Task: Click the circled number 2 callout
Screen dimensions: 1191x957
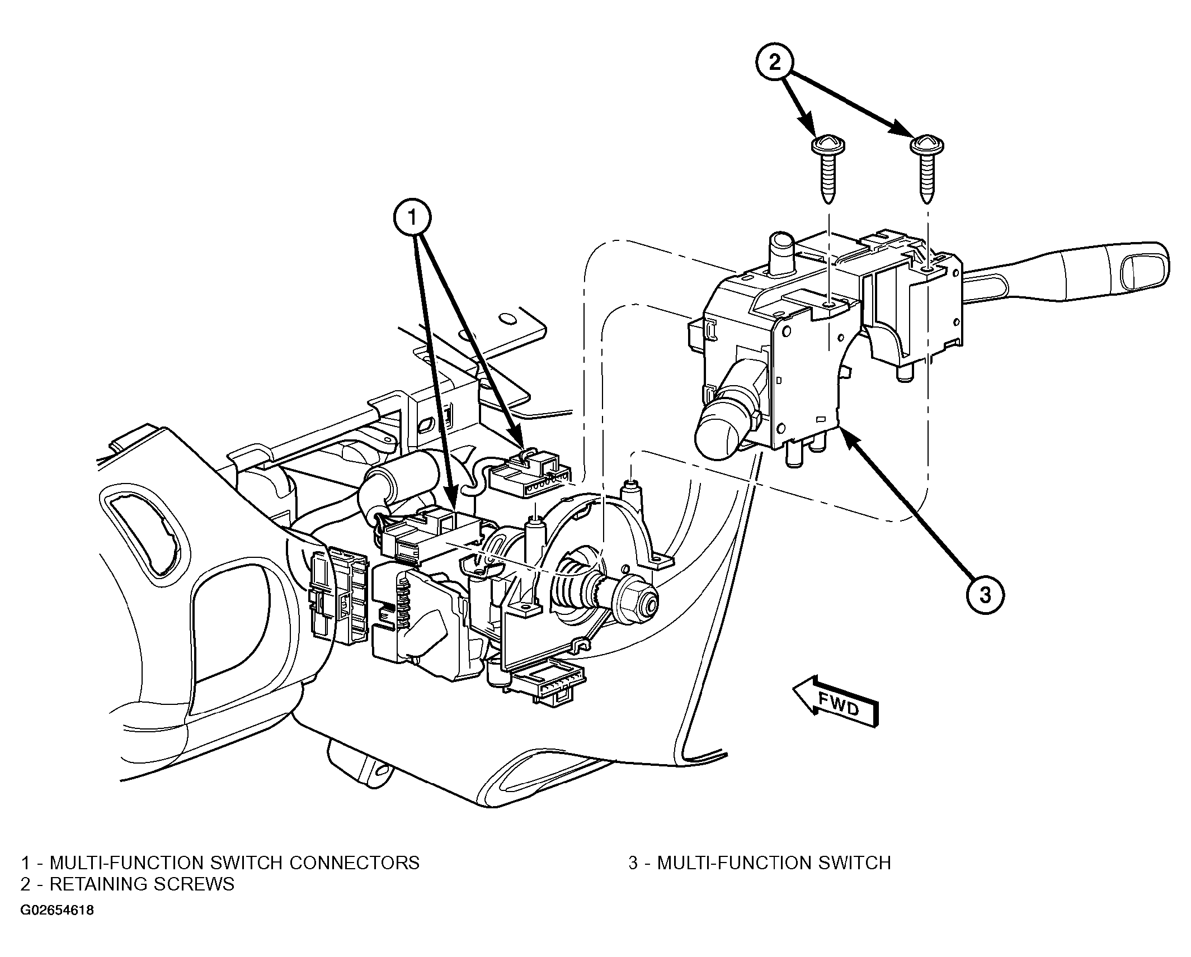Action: pyautogui.click(x=775, y=63)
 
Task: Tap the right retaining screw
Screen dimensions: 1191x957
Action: pyautogui.click(x=927, y=169)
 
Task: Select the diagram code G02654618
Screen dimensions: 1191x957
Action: pyautogui.click(x=57, y=926)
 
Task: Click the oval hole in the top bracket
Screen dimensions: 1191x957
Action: pyautogui.click(x=507, y=319)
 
